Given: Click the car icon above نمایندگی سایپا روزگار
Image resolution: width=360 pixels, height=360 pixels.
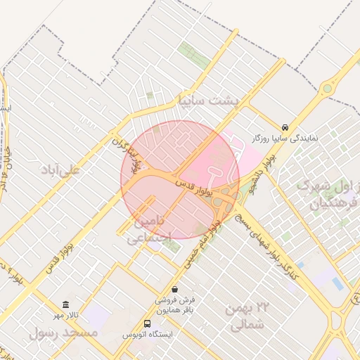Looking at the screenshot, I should [284, 127].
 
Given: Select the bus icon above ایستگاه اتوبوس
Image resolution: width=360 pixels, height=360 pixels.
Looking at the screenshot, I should [147, 323].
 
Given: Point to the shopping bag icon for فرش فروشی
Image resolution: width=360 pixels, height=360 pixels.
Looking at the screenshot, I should [174, 290].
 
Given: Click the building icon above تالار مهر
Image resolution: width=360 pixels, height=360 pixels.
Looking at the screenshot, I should [65, 304].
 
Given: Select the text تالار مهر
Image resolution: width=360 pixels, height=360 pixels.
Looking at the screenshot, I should [65, 314].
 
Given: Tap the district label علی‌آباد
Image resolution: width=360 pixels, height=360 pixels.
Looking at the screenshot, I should [61, 170].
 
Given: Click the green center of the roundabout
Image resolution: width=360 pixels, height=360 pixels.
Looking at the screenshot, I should [327, 89].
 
